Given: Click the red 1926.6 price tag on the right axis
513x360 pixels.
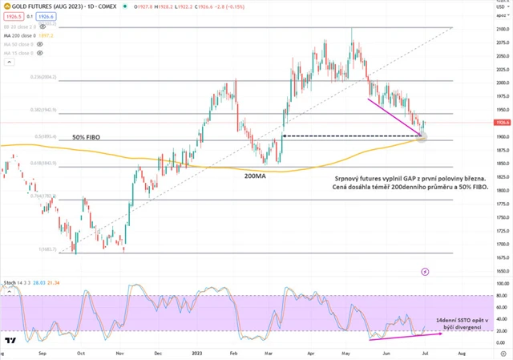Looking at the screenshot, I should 503,123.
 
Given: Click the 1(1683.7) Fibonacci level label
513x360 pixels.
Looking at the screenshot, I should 50,250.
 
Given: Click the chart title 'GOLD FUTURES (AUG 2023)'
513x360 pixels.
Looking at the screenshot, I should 48,6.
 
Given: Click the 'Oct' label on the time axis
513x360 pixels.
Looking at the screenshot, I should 81,353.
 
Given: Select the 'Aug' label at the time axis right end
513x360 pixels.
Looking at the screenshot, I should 461,353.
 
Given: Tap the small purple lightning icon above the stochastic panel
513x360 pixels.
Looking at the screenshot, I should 425,272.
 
